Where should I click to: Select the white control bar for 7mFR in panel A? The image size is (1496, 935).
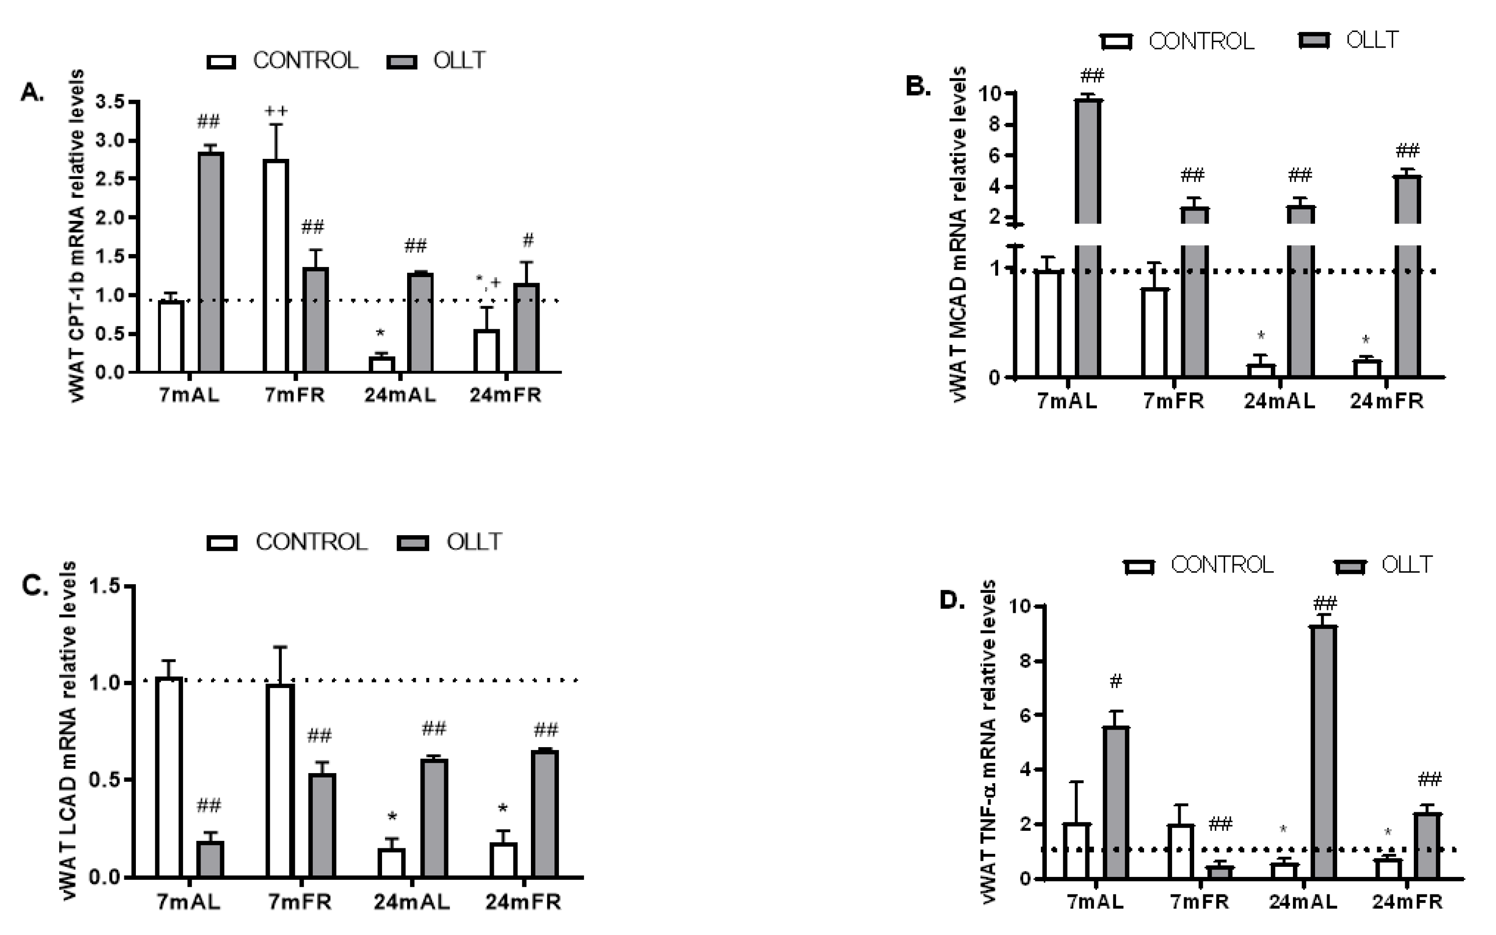[x=276, y=266]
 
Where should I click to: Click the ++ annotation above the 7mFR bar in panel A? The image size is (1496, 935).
[x=276, y=111]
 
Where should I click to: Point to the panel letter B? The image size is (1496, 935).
[x=918, y=86]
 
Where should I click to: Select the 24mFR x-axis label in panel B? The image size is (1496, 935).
[x=1387, y=401]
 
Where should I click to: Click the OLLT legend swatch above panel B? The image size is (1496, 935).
[x=1314, y=41]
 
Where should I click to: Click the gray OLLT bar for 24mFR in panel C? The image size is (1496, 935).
[x=545, y=814]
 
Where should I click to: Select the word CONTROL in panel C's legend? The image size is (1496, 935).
[x=311, y=542]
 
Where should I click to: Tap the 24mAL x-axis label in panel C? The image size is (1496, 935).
[x=412, y=902]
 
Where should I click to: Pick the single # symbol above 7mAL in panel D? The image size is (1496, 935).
[x=1115, y=681]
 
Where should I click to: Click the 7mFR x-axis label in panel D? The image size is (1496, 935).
[x=1199, y=902]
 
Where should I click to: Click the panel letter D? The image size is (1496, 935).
[x=952, y=600]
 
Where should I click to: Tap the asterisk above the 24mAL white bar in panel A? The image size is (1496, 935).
[x=381, y=334]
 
